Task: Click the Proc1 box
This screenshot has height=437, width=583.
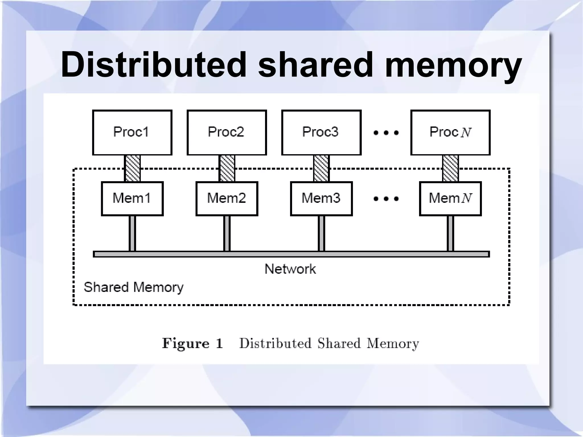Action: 132,133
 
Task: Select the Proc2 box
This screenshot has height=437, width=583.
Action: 227,133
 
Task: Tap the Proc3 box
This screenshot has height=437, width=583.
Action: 321,133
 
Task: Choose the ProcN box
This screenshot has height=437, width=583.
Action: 450,133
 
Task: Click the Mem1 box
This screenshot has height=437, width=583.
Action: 132,199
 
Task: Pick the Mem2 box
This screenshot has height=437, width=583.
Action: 227,199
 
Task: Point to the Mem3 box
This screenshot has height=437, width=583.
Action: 321,199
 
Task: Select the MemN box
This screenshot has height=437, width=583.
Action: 450,199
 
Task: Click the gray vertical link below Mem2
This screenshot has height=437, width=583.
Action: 227,233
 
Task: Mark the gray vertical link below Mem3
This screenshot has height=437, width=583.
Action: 321,233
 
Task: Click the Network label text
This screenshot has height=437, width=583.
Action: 290,269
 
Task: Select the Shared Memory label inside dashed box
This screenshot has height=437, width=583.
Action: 134,287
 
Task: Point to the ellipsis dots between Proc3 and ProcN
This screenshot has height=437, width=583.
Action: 386,133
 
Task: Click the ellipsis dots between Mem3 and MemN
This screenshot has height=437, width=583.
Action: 386,199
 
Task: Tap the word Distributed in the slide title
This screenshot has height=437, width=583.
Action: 153,65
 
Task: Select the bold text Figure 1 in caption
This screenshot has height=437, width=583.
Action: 192,343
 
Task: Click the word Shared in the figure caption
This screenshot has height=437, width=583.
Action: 339,343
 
